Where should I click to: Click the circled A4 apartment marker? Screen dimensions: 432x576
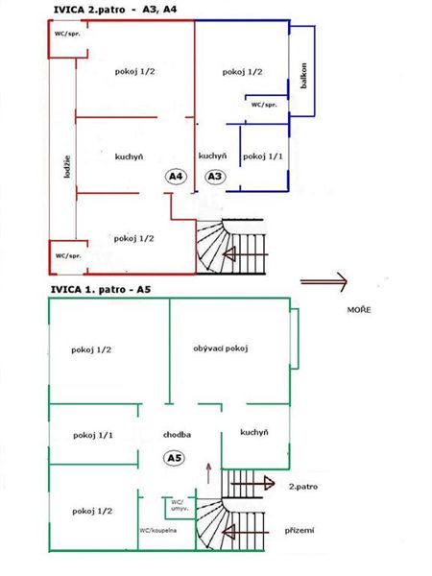176,177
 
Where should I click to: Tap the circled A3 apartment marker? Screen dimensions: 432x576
215,177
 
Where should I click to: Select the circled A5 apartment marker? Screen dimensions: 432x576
174,458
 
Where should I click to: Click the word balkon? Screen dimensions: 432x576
303,75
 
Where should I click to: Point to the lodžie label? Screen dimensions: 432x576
67,167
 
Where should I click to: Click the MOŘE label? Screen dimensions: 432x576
359,310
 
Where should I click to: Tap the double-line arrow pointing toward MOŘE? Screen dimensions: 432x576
324,281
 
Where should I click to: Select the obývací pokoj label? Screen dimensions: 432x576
221,348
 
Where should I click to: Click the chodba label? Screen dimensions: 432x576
177,435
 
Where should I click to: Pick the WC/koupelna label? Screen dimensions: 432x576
158,531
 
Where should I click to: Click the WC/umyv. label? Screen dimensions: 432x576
180,505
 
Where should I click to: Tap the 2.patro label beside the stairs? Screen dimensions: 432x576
303,487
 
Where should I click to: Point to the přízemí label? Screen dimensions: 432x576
300,531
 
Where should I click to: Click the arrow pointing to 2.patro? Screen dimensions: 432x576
252,484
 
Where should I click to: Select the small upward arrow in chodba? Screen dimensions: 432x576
209,473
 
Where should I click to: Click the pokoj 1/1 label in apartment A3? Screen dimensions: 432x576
263,156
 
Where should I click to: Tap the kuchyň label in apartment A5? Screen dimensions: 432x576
254,432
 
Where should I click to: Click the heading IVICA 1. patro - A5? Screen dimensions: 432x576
101,290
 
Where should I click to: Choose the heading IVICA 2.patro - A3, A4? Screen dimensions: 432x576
115,10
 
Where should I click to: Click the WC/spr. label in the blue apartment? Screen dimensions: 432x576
264,105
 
